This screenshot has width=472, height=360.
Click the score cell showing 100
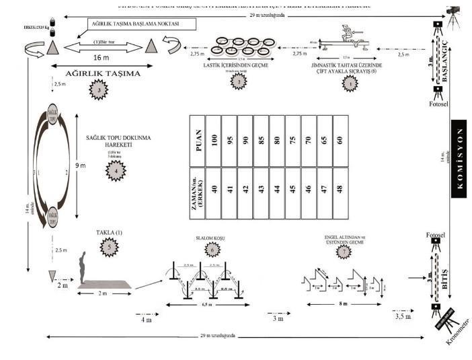tap(213, 140)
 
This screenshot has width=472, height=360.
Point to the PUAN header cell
tap(196, 140)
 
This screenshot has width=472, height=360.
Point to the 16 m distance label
tap(101, 58)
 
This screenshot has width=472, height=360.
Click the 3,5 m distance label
tap(403, 316)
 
